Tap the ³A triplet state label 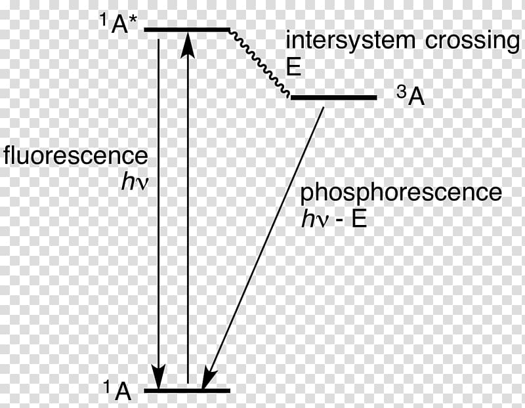coord(411,96)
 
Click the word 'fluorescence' coord(76,156)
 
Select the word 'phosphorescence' coord(401,193)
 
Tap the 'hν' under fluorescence coord(135,182)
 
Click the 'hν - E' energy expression coord(333,219)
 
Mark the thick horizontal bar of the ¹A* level coord(187,30)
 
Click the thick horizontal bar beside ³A coord(333,97)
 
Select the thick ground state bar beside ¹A coord(187,390)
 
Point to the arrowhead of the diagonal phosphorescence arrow coord(208,378)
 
